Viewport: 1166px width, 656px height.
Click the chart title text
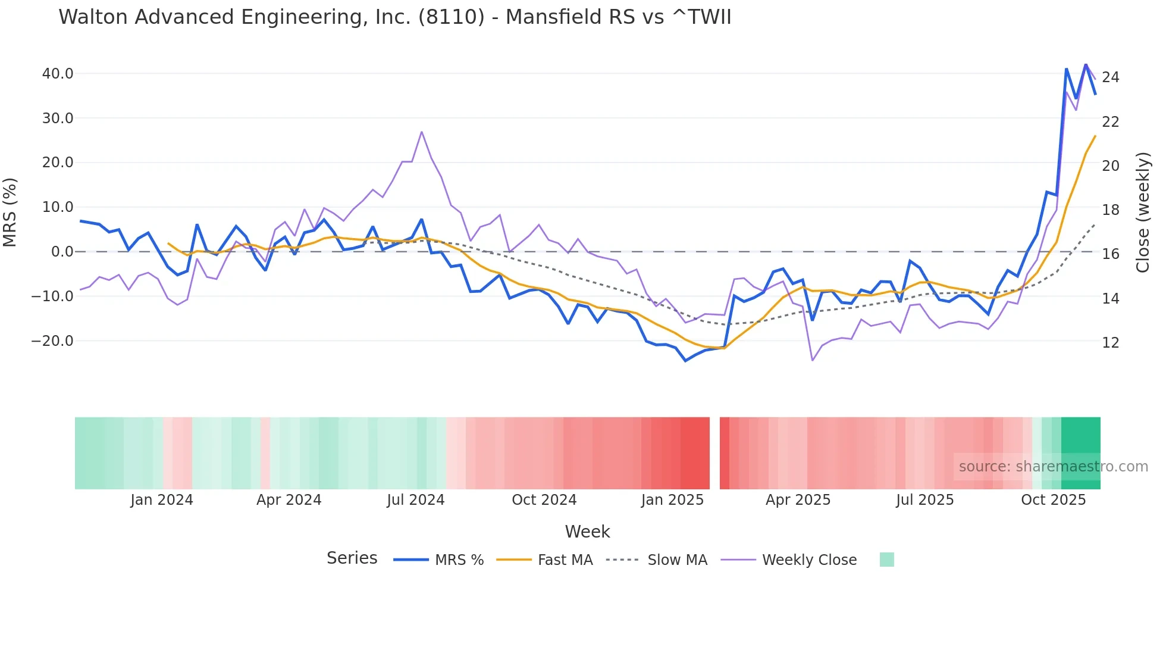tap(394, 17)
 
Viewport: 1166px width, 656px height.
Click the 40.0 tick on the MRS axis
tap(58, 74)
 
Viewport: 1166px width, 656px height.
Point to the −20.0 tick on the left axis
tap(53, 341)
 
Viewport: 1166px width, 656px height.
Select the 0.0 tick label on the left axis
tap(62, 252)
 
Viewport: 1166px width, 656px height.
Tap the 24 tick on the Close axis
tap(1110, 77)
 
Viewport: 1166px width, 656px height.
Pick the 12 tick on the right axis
tap(1110, 343)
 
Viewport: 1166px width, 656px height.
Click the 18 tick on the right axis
tap(1110, 210)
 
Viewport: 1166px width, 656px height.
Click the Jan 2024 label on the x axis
tap(162, 500)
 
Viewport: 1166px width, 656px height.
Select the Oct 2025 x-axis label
tap(1053, 500)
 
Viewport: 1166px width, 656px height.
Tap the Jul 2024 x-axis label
tap(415, 500)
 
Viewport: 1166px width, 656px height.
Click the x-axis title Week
tap(587, 532)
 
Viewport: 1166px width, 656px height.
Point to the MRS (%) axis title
tap(10, 212)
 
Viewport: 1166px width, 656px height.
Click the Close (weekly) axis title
tap(1143, 212)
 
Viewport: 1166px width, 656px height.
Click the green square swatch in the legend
tap(886, 560)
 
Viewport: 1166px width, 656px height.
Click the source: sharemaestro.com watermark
tap(1053, 467)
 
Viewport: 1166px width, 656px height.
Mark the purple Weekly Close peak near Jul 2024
tap(421, 132)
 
